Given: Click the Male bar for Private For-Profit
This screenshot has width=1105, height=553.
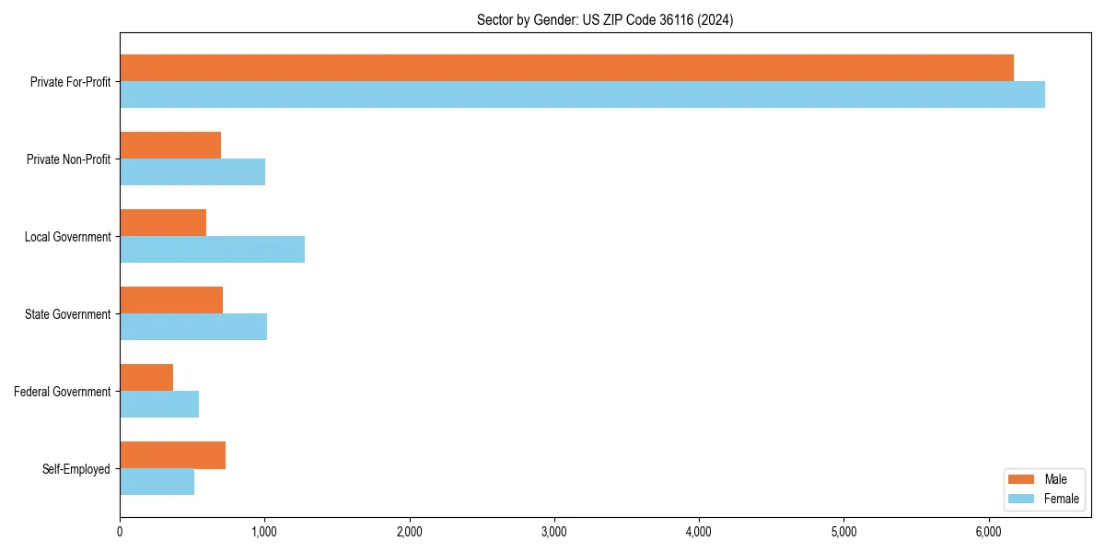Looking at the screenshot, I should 566,68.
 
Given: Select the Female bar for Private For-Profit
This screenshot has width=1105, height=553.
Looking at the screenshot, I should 582,95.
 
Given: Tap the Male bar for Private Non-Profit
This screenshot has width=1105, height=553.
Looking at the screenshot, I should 170,146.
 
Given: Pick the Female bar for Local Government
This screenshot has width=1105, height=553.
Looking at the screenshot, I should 212,250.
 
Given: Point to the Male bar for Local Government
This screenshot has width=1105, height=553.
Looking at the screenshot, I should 163,223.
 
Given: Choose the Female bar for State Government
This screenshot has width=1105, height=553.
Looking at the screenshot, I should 193,327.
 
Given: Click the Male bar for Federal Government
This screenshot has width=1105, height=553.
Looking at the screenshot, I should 146,378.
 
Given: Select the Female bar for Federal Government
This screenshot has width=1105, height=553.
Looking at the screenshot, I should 159,405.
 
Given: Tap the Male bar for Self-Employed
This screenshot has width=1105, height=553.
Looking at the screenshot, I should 172,455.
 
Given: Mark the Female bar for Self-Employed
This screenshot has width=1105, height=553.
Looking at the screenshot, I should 157,482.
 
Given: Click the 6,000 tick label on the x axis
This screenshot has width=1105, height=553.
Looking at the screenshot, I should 988,532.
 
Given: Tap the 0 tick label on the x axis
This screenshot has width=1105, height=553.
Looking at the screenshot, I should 120,532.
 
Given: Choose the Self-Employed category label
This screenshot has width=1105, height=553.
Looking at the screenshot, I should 76,469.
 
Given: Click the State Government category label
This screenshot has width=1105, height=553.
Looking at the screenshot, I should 67,314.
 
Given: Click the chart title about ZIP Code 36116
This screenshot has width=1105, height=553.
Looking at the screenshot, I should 605,20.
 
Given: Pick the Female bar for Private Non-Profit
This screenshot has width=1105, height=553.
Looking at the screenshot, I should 192,172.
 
